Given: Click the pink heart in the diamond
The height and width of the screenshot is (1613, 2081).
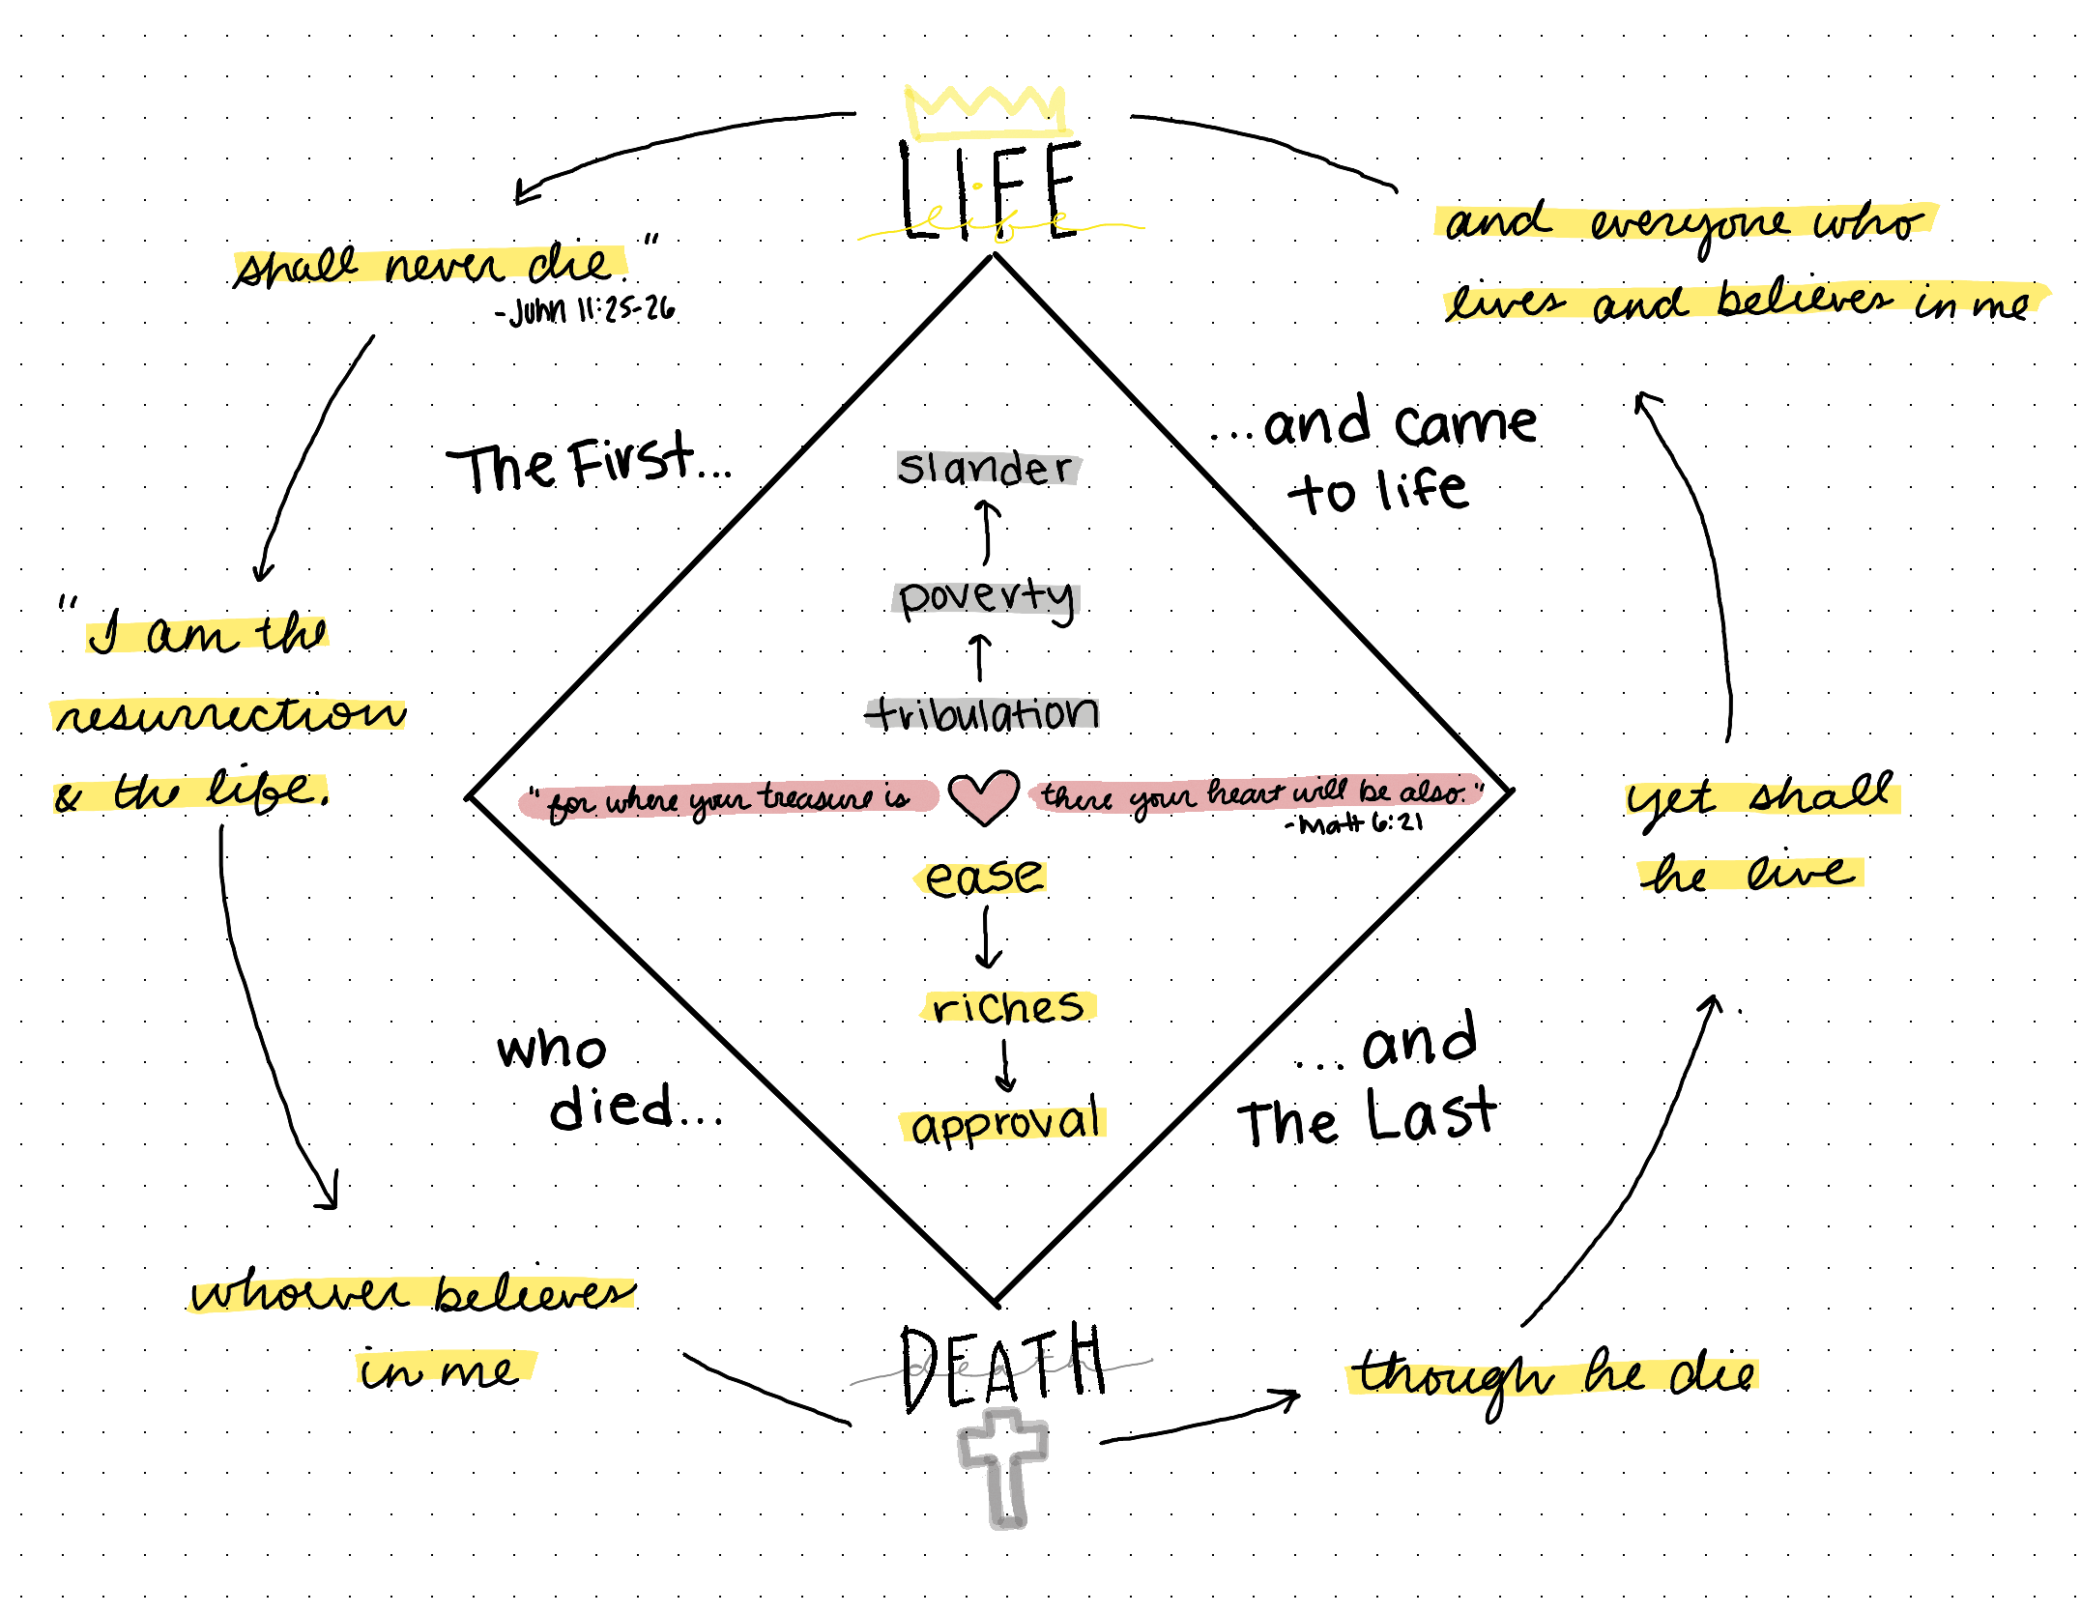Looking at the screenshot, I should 983,795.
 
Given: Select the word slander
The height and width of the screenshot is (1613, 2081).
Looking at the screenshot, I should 985,469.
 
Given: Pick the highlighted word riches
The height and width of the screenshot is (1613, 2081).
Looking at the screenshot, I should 1008,1007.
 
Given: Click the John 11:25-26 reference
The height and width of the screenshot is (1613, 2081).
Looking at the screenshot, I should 587,310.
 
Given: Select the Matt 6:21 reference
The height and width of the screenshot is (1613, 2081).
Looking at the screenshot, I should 1355,824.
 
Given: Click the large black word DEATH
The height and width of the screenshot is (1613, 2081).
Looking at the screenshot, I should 1003,1368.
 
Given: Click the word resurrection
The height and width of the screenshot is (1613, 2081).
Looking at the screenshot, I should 230,715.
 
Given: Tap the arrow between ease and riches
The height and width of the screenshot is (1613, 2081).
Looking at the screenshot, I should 988,938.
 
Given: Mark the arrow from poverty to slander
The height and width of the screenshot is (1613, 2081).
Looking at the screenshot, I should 987,532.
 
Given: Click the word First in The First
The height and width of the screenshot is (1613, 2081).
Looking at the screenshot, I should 631,461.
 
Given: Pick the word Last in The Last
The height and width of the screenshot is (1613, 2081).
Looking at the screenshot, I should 1431,1114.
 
